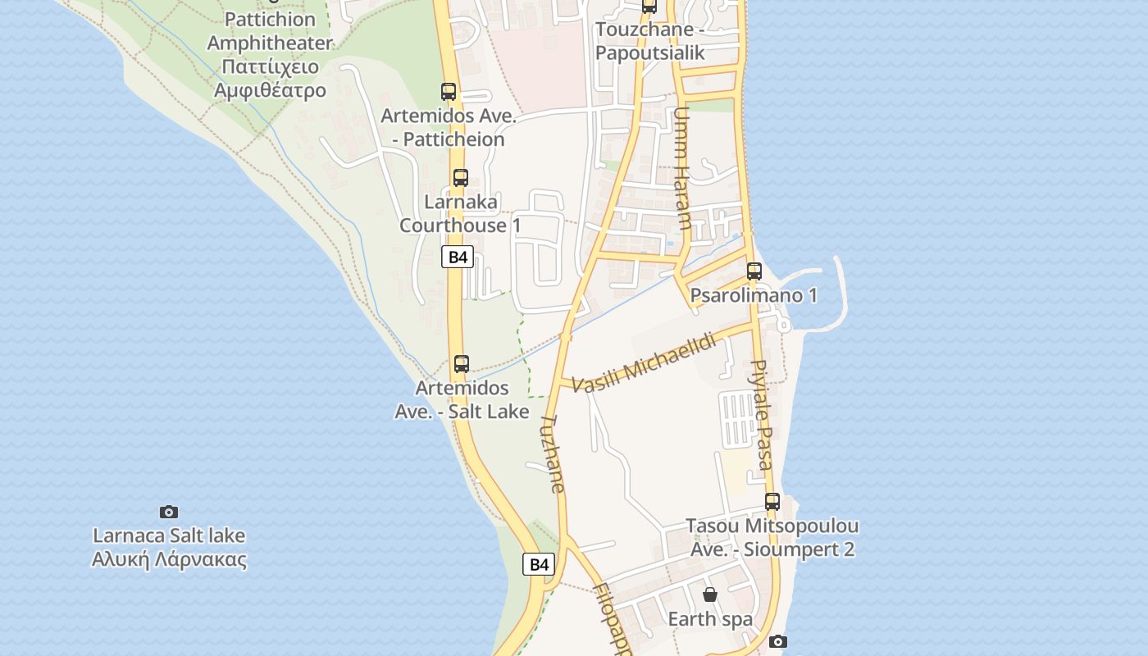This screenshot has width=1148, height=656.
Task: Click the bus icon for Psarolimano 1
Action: pos(754,271)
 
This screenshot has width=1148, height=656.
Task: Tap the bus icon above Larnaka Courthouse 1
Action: pos(461,177)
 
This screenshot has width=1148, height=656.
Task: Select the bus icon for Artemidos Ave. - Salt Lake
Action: pos(462,363)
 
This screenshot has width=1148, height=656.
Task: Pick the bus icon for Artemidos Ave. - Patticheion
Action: pos(449,92)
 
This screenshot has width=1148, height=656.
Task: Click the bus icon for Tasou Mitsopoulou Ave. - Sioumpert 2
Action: pos(772,501)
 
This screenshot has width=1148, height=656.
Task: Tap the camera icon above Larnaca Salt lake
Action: pos(169,512)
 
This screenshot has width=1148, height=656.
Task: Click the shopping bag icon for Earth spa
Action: pos(710,594)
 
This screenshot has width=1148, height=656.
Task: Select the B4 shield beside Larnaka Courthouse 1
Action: pos(458,257)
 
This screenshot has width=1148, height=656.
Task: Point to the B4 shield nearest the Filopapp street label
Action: pos(538,564)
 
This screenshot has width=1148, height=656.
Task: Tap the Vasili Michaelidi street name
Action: pos(645,362)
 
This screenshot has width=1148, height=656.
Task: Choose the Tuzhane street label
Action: pos(553,453)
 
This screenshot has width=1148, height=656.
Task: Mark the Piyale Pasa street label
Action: pos(762,415)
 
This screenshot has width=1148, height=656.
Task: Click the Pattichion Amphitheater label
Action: pos(270,31)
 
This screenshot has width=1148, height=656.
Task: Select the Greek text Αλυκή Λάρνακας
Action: pos(169,560)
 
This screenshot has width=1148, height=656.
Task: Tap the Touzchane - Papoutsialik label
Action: pos(649,41)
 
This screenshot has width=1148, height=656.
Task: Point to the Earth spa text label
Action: pos(710,619)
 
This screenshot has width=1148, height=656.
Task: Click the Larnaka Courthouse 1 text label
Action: pos(460,213)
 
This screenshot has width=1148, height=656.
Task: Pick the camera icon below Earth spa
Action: pos(777,641)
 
